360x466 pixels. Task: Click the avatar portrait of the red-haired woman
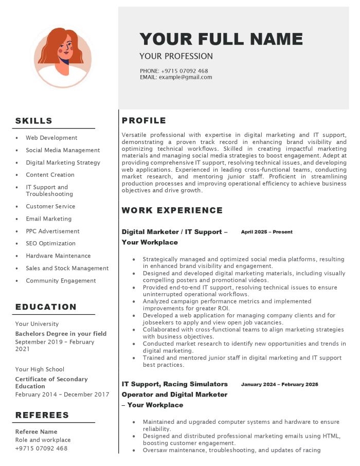click(x=63, y=58)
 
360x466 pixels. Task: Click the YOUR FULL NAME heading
click(x=221, y=39)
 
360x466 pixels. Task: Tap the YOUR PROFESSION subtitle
click(x=176, y=57)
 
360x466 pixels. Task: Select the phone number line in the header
click(x=174, y=71)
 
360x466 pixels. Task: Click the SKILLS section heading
click(x=34, y=121)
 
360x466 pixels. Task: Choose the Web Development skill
click(x=51, y=138)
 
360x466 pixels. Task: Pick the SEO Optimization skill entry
click(x=50, y=243)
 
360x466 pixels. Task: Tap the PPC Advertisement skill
click(x=52, y=231)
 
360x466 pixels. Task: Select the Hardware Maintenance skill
click(x=58, y=256)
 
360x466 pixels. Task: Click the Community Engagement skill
click(x=61, y=280)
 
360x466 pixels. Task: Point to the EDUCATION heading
click(x=46, y=307)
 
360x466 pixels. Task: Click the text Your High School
click(x=40, y=369)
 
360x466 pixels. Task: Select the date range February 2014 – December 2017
click(x=62, y=395)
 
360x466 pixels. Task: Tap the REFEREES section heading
click(x=42, y=415)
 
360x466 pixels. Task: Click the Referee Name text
click(x=36, y=432)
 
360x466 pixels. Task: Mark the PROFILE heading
click(x=144, y=121)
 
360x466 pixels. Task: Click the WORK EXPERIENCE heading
click(x=172, y=210)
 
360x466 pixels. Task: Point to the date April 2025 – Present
click(x=266, y=232)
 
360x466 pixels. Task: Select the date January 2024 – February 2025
click(x=279, y=384)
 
